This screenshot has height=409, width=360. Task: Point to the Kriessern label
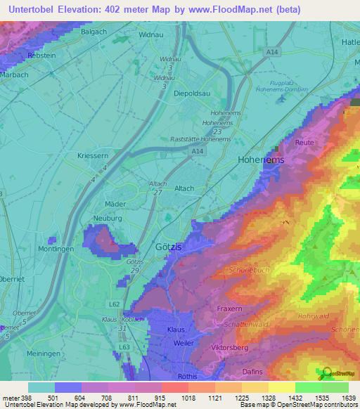tap(91, 155)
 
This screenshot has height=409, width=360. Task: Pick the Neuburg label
tap(107, 219)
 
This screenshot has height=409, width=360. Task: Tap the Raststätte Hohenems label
tap(201, 139)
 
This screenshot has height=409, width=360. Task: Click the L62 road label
tap(114, 304)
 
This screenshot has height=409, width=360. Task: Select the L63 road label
tap(124, 347)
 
